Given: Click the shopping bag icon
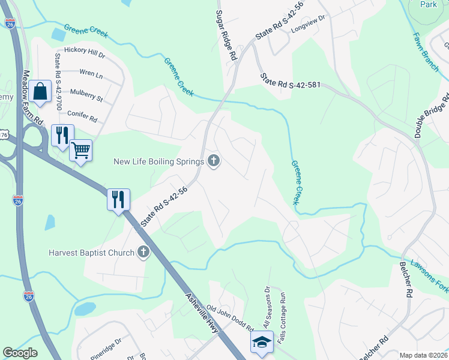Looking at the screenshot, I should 40,92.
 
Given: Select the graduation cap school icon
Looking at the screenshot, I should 262,342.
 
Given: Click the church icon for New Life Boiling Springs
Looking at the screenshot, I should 214,160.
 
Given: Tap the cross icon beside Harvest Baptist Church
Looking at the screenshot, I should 143,252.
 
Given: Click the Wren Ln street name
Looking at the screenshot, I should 91,74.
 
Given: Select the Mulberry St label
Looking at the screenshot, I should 86,94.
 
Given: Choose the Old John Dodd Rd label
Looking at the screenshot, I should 231,319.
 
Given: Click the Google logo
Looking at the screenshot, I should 20,353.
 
